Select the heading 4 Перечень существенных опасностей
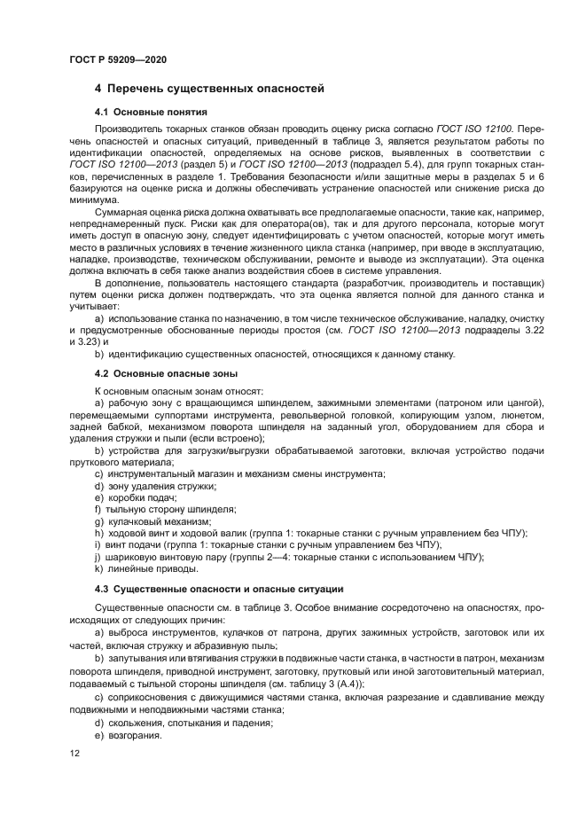(209, 89)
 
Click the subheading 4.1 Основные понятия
(151, 113)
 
